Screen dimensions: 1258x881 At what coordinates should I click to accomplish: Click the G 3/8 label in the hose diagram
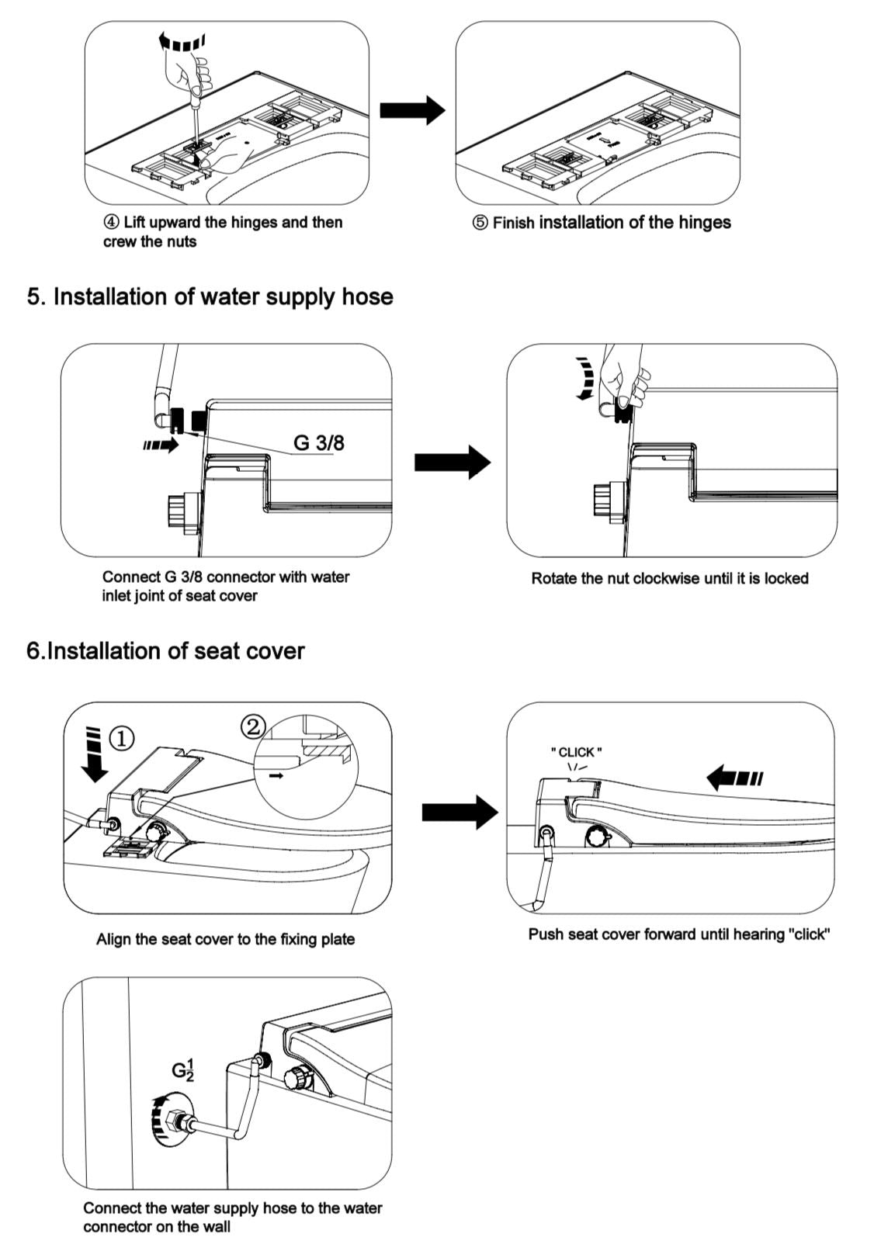(x=318, y=442)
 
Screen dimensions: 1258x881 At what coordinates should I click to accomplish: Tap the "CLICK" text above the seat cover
(x=576, y=752)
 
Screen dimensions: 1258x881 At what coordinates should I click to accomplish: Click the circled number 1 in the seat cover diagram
(x=121, y=738)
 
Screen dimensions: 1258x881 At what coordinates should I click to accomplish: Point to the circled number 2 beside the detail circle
(x=253, y=727)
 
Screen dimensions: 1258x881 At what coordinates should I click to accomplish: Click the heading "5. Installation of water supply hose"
(x=210, y=296)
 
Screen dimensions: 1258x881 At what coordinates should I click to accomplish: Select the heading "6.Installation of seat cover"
(x=165, y=650)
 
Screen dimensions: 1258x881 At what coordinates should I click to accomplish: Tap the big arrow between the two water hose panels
(x=453, y=463)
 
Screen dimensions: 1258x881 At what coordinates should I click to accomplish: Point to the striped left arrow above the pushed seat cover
(x=735, y=777)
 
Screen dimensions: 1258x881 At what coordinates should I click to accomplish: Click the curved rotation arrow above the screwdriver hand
(x=181, y=40)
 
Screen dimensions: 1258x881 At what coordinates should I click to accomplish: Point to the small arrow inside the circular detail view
(x=275, y=774)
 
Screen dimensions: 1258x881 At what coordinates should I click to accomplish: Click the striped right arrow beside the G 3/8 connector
(x=161, y=445)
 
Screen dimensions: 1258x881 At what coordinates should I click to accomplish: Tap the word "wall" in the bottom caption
(x=216, y=1227)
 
